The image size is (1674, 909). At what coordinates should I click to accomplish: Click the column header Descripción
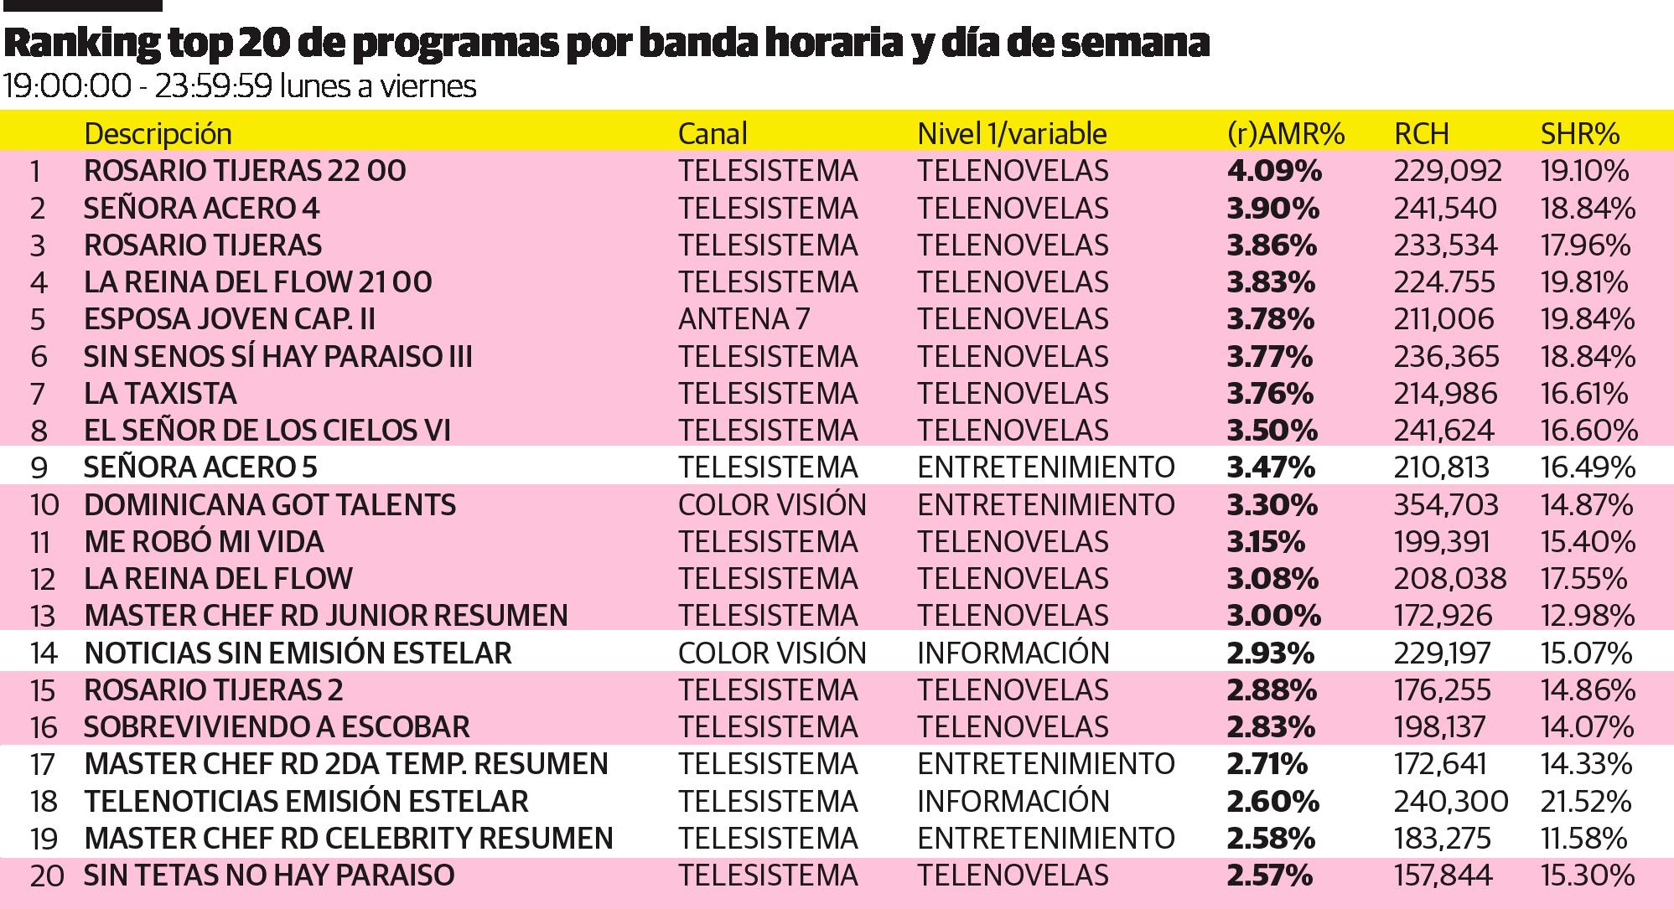[158, 133]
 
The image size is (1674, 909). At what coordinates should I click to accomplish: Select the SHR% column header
[1580, 133]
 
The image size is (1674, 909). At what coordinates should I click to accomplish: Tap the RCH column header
[1421, 133]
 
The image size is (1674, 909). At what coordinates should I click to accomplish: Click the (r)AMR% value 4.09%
[1273, 171]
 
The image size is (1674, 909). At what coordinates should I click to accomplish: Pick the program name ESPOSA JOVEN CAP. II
[230, 319]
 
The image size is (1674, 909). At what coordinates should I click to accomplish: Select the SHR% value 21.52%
[1586, 801]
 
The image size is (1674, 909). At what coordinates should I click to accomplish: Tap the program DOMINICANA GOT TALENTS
[270, 504]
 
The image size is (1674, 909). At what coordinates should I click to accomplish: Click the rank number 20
[47, 876]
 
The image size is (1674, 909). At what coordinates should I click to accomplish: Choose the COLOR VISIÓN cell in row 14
[772, 653]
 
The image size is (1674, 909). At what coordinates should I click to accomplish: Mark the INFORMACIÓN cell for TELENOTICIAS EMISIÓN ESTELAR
[1013, 801]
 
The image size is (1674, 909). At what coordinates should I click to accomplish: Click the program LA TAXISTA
[160, 394]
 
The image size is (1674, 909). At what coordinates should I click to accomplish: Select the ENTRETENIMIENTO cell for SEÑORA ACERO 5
[1046, 467]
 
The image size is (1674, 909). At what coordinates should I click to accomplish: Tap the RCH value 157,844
[1443, 875]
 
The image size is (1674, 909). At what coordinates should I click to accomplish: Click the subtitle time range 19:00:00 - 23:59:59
[137, 86]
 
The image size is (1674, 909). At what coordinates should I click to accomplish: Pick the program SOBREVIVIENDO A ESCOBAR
[277, 726]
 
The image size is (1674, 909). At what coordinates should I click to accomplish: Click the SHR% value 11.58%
[1584, 838]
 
